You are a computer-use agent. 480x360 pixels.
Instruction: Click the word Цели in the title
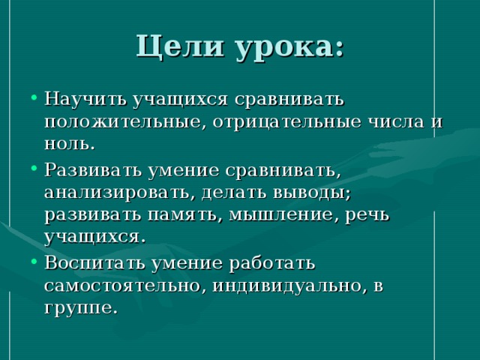point(180,47)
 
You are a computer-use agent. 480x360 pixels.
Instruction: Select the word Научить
point(85,99)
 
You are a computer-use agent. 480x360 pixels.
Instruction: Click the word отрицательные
point(286,122)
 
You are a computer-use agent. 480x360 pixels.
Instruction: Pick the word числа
point(397,121)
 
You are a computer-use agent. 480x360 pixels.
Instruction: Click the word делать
point(234,193)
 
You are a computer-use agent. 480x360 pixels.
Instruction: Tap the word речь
point(367,216)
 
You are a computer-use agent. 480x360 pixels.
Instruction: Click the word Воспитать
point(94,262)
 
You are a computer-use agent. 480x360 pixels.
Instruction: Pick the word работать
point(271,262)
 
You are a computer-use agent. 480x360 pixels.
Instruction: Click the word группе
point(81,308)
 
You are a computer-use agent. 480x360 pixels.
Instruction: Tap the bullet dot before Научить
point(34,97)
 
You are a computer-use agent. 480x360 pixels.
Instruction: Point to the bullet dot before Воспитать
point(34,262)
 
